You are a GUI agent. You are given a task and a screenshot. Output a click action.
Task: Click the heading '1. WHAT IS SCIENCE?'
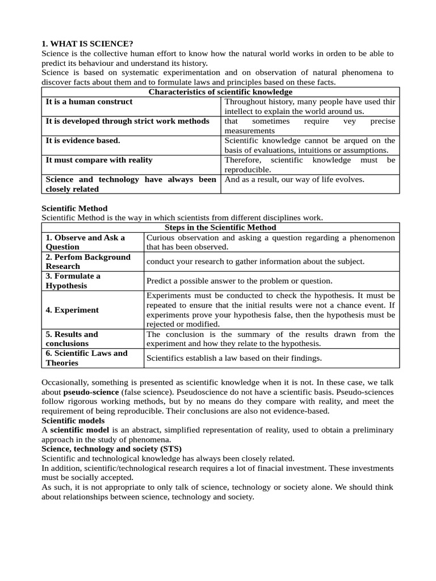(87, 44)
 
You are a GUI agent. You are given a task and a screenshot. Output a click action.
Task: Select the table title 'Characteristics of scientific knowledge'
(220, 92)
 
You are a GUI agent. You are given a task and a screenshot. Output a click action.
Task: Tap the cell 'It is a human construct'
(89, 102)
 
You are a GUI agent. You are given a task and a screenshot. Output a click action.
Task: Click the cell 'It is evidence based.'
(83, 140)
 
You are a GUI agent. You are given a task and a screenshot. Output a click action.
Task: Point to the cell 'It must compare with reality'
(99, 160)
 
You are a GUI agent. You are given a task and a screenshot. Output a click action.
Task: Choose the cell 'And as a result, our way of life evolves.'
(295, 179)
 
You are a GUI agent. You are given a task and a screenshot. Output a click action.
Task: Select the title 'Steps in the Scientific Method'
(220, 228)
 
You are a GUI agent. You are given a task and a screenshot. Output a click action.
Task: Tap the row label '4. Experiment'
(72, 310)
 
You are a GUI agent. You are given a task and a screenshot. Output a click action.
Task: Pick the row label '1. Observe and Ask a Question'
(85, 242)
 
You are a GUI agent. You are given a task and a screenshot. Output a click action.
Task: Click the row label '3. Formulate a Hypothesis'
(73, 281)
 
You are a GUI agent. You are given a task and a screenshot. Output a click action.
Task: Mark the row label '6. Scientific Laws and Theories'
(87, 358)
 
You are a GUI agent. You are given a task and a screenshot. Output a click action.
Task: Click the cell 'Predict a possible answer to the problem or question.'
(239, 281)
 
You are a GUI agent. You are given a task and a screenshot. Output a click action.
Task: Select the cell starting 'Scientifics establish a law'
(234, 358)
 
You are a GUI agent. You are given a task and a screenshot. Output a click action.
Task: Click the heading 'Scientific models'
(73, 420)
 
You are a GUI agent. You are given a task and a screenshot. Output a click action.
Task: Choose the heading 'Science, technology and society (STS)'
(112, 449)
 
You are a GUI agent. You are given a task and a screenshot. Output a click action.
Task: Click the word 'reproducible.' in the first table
(248, 170)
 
